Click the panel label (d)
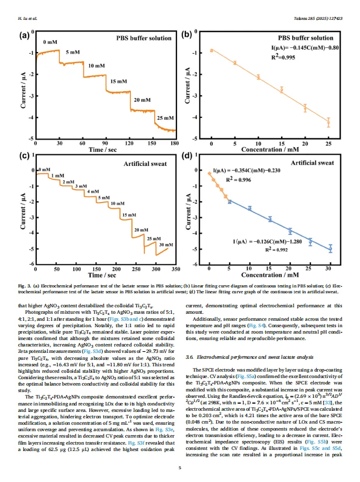pos(187,156)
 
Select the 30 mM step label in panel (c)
pos(166,244)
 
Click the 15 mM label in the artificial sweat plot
pos(129,216)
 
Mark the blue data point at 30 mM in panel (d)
pos(330,248)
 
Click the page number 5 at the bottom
pos(180,467)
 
